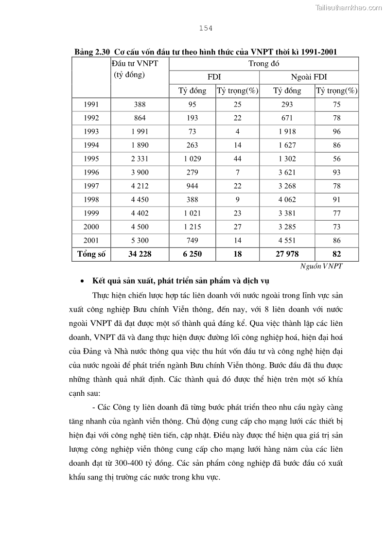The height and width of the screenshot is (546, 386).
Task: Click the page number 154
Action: (x=206, y=28)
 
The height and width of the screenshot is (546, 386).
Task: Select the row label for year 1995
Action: (x=91, y=159)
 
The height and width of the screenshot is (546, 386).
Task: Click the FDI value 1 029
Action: (x=193, y=159)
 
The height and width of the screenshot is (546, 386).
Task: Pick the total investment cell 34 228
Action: (x=140, y=254)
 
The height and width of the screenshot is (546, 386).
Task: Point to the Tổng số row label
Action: (x=91, y=254)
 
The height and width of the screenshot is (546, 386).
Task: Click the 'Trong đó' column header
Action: (x=263, y=64)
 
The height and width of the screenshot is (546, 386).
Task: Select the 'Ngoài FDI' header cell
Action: (x=309, y=77)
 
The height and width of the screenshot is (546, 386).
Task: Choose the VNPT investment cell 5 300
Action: (x=140, y=240)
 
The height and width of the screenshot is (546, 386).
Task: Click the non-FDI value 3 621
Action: (x=287, y=172)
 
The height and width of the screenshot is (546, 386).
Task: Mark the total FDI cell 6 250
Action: (x=193, y=254)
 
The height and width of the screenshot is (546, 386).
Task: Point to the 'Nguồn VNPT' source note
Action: (x=321, y=266)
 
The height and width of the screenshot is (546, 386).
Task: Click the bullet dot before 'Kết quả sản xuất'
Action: (x=83, y=282)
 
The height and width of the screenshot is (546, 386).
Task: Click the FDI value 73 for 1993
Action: (x=193, y=131)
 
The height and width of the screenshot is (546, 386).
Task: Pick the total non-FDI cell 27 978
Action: (x=287, y=254)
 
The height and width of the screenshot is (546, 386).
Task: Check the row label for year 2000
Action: (x=91, y=227)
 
